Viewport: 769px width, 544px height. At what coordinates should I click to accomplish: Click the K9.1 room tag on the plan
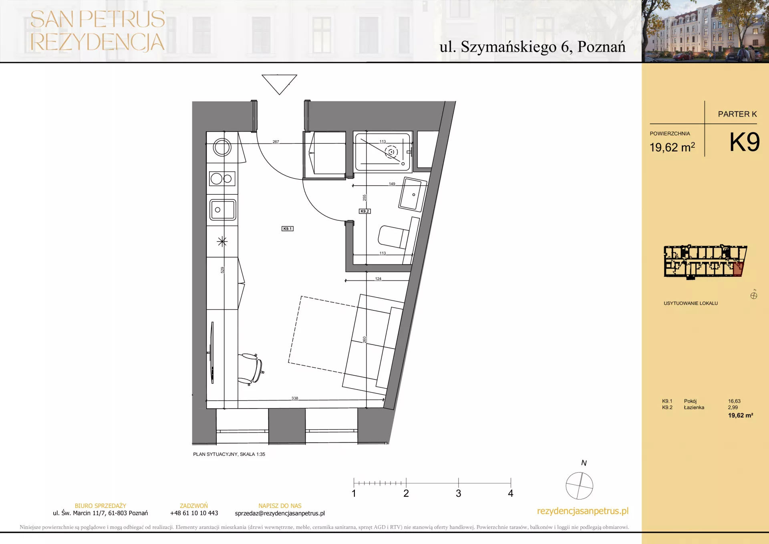pos(288,229)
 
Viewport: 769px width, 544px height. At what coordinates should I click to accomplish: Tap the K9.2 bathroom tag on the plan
pos(364,211)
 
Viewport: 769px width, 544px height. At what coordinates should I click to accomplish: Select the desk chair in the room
pos(251,369)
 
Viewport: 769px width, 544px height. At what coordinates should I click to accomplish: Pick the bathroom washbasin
pos(413,194)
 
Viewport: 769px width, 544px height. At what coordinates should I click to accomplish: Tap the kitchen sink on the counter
pos(223,210)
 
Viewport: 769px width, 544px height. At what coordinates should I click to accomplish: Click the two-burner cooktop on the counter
pos(222,179)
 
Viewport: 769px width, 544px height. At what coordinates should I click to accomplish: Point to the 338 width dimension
pos(295,398)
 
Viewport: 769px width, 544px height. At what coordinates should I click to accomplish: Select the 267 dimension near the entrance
pos(276,141)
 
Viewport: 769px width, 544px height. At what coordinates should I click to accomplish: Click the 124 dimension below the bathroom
pos(378,278)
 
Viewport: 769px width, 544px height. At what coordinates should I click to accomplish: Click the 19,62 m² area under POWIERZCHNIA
pos(672,147)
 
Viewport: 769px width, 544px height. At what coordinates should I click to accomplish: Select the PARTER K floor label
pos(737,114)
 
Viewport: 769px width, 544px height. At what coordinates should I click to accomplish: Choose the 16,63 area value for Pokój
pos(734,401)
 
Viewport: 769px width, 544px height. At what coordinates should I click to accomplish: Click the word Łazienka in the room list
pos(694,407)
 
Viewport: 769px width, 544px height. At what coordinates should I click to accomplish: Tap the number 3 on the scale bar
pos(458,493)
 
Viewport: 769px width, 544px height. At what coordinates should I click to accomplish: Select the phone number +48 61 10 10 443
pos(194,513)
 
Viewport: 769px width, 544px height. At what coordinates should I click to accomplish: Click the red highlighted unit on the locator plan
pos(738,269)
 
